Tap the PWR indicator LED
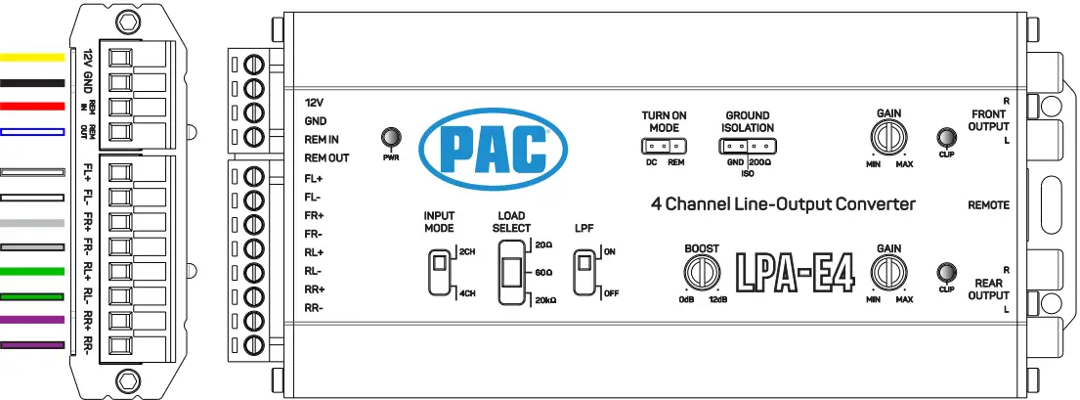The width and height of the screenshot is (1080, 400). (390, 137)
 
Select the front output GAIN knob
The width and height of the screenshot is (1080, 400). (888, 137)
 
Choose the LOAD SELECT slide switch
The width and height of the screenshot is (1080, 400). (509, 271)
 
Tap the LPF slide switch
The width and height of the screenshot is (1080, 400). (585, 271)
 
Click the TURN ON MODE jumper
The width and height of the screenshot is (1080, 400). (662, 147)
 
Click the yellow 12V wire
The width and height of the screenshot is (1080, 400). (32, 58)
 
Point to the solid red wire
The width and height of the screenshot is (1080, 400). (32, 106)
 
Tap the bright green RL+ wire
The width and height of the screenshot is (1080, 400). (32, 271)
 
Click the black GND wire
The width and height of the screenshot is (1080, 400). (32, 82)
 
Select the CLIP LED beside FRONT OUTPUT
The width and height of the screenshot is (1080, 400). (945, 137)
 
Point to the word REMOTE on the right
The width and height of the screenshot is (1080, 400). (988, 205)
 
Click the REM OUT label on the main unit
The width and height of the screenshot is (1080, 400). (326, 157)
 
